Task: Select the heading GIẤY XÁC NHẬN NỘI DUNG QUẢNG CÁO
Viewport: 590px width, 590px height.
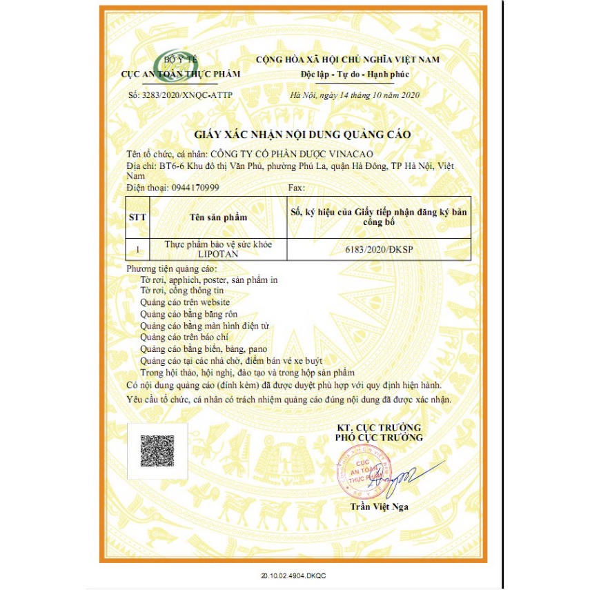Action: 302,134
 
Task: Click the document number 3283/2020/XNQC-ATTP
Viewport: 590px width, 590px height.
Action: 181,95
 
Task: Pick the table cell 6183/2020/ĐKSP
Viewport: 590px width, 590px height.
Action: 378,249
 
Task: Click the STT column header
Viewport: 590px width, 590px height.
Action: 137,217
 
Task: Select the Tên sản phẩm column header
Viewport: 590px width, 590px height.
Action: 218,217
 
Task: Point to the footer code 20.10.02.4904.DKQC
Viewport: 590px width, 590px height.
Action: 295,574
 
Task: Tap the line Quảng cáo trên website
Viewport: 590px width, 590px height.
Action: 184,302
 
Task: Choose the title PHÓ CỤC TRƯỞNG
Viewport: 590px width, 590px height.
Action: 379,437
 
